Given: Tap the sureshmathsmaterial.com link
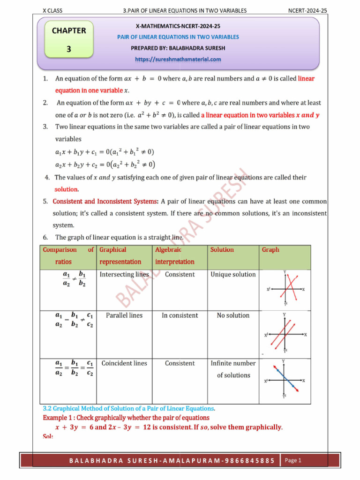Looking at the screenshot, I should (178, 60).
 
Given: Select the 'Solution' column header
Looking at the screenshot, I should (222, 250).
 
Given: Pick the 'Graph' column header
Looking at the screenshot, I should (270, 250).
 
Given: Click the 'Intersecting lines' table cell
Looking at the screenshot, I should (124, 275).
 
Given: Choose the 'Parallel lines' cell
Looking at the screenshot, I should (124, 315).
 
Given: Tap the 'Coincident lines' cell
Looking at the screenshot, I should (124, 363).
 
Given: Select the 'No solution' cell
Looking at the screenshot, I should (233, 315).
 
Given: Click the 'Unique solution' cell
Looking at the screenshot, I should (233, 275).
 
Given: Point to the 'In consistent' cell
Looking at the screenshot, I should (180, 315).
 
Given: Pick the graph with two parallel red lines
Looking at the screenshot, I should (285, 334).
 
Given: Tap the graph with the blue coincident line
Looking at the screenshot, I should (285, 380).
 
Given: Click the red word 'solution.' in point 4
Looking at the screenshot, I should (67, 189).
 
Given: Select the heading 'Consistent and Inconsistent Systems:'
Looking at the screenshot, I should (105, 202).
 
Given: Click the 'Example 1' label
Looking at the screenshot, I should (58, 418).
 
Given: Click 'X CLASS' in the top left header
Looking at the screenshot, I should (52, 10).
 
